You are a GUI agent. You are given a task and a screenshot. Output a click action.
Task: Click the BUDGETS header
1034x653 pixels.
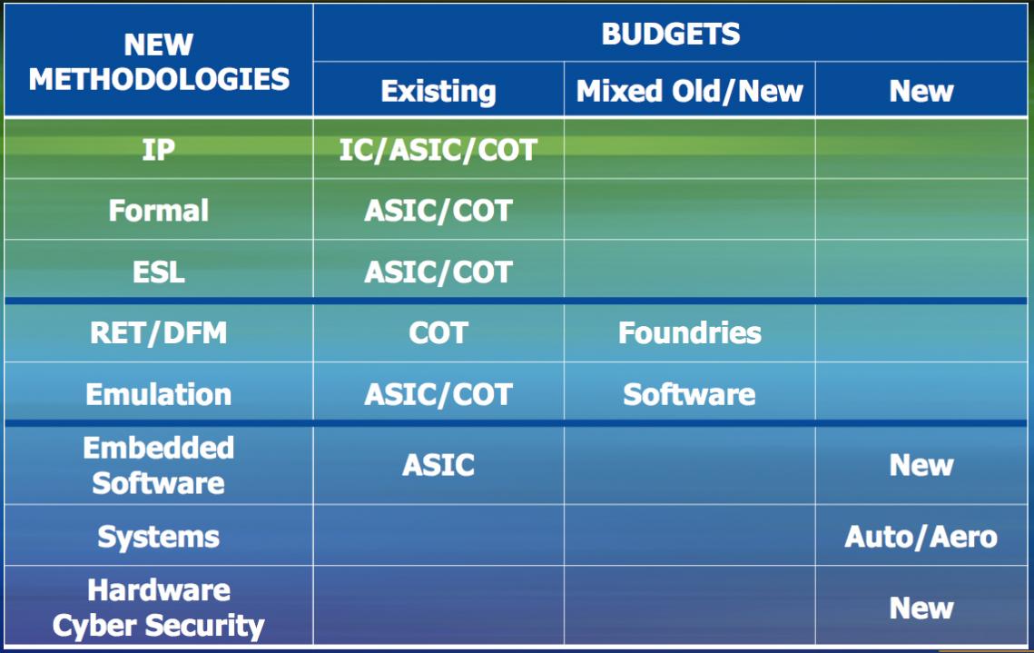click(x=671, y=35)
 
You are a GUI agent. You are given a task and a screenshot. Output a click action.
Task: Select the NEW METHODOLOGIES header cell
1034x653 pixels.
click(x=159, y=62)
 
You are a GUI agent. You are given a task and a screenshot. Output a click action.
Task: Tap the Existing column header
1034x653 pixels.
click(x=438, y=91)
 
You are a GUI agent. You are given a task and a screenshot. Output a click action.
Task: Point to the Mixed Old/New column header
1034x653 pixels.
click(x=690, y=91)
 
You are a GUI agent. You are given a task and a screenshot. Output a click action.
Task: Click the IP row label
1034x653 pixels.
click(x=159, y=150)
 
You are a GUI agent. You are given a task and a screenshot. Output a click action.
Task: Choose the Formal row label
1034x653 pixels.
click(x=159, y=211)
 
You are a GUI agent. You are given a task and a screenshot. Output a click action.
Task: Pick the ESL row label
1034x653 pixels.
click(x=159, y=272)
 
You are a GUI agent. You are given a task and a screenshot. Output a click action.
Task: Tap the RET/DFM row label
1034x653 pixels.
click(x=159, y=333)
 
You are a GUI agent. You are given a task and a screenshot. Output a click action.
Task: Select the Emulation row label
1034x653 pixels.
click(x=159, y=394)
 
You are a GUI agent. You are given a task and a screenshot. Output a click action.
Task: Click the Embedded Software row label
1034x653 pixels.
click(x=159, y=466)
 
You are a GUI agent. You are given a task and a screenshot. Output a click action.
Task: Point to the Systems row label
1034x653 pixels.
click(x=159, y=537)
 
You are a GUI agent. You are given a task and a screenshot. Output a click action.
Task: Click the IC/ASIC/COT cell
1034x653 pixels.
click(x=438, y=151)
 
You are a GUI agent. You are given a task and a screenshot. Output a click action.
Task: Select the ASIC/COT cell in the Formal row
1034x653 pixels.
click(x=438, y=211)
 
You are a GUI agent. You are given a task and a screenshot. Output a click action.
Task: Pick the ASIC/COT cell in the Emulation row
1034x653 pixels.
click(x=438, y=394)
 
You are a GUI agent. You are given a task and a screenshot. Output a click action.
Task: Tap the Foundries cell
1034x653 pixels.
click(x=690, y=333)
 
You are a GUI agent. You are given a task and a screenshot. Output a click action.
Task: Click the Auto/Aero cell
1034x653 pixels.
click(x=921, y=537)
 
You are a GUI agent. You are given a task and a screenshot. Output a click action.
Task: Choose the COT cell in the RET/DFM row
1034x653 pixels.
click(x=438, y=333)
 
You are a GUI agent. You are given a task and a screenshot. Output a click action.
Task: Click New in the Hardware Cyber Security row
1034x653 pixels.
click(x=921, y=608)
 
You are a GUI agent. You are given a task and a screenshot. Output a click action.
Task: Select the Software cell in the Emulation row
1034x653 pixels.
click(x=690, y=394)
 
